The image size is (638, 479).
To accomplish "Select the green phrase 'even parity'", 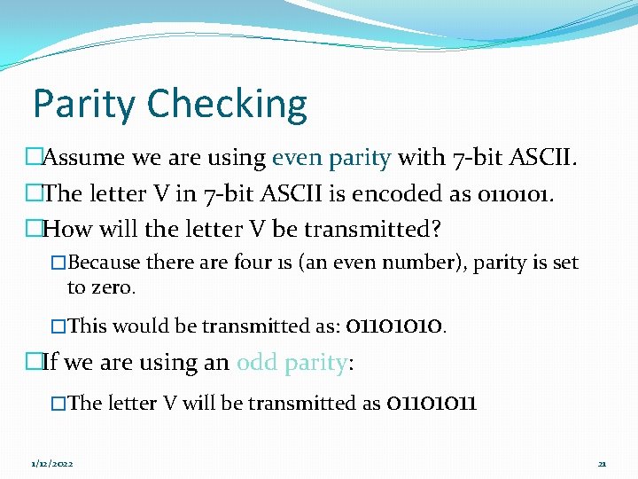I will click(x=331, y=159).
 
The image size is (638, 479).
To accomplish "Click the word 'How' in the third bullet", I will click(x=66, y=230).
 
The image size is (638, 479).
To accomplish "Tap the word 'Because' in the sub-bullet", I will click(x=104, y=263).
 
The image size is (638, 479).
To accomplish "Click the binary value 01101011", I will click(x=432, y=404).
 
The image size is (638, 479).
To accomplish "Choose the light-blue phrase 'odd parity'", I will click(x=289, y=363).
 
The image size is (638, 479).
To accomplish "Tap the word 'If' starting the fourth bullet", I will click(x=51, y=363).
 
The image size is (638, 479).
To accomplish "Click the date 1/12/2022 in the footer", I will click(x=52, y=464).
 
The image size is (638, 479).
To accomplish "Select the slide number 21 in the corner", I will click(x=602, y=464).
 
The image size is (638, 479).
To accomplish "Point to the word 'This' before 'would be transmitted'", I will click(x=87, y=326).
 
